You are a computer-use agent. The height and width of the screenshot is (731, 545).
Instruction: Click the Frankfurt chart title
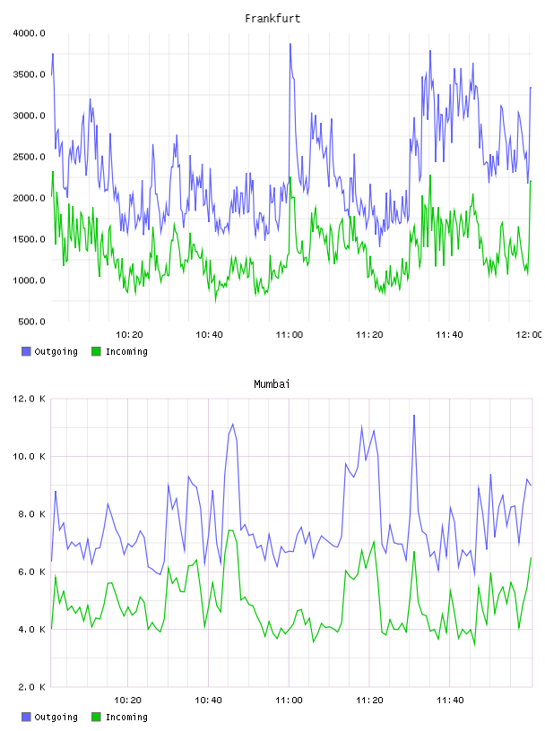tap(272, 19)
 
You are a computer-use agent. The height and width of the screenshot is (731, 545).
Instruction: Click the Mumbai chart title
tap(272, 384)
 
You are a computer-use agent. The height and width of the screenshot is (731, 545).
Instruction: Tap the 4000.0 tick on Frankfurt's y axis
tap(29, 33)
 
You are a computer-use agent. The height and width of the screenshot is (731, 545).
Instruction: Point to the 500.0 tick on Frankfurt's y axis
tap(31, 322)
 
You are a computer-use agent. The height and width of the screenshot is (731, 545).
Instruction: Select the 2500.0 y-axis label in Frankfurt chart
tap(29, 157)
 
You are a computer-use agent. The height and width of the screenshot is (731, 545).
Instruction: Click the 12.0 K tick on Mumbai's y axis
tap(29, 399)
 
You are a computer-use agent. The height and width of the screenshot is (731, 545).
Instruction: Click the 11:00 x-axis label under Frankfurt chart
tap(290, 335)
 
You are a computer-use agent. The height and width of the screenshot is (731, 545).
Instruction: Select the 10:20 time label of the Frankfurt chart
tap(129, 335)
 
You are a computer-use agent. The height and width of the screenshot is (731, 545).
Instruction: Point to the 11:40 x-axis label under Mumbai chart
tap(450, 701)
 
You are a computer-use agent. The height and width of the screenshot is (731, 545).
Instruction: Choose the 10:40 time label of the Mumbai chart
tap(208, 701)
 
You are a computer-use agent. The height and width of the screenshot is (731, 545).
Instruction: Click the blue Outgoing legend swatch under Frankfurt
tap(26, 351)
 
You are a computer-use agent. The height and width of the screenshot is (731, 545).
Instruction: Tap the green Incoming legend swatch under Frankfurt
tap(96, 351)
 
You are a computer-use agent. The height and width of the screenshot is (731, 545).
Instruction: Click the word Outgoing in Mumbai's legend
tap(56, 717)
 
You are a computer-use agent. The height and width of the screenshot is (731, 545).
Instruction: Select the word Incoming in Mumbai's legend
tap(126, 717)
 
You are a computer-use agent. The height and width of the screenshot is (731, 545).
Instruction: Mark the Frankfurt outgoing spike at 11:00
tap(290, 44)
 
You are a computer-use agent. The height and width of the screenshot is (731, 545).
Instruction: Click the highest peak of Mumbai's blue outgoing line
tap(414, 416)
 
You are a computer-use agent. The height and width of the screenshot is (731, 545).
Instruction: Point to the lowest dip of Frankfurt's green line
tap(215, 302)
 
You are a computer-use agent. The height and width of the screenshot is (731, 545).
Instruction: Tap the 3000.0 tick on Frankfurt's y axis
tap(29, 116)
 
